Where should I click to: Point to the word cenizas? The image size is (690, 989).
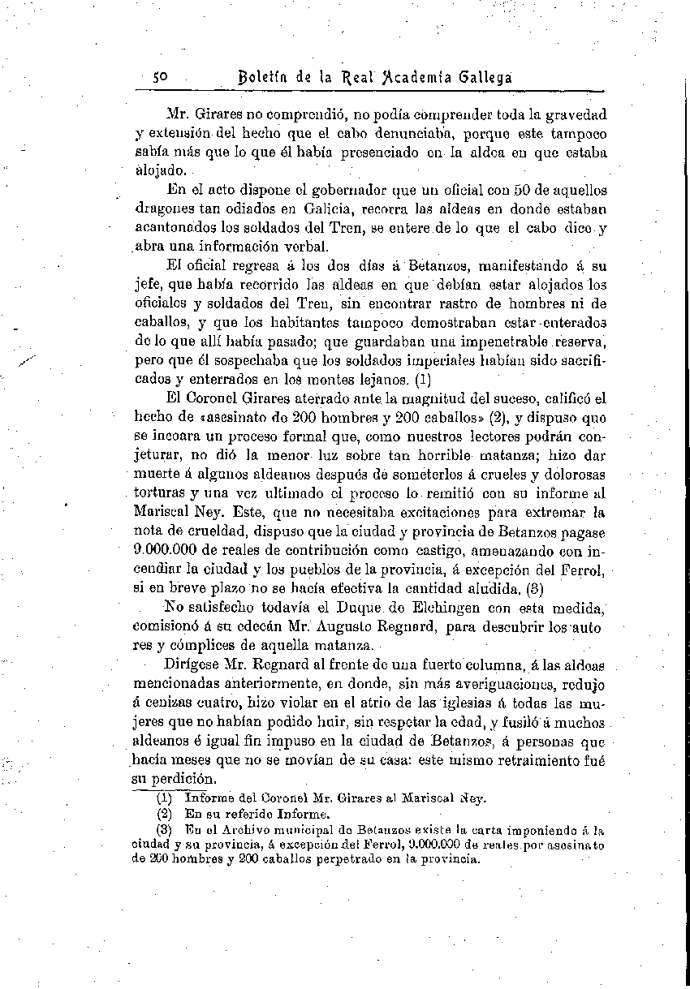point(167,703)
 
